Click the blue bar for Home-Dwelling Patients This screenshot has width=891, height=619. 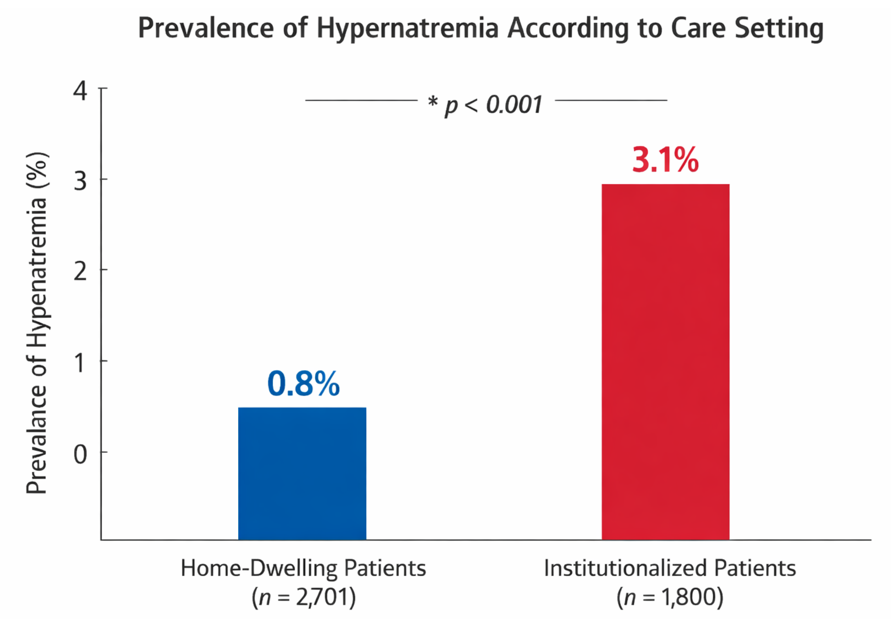(302, 473)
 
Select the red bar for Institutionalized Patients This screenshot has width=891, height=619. (666, 362)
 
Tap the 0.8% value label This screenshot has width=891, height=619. (303, 384)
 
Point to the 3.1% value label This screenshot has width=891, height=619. (666, 160)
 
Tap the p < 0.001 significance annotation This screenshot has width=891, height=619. (493, 105)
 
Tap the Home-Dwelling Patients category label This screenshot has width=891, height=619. (303, 568)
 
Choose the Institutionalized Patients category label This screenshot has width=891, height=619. (670, 568)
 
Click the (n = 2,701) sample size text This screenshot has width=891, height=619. (303, 598)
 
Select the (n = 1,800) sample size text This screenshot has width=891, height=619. (670, 598)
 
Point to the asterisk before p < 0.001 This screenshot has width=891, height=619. (433, 102)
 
